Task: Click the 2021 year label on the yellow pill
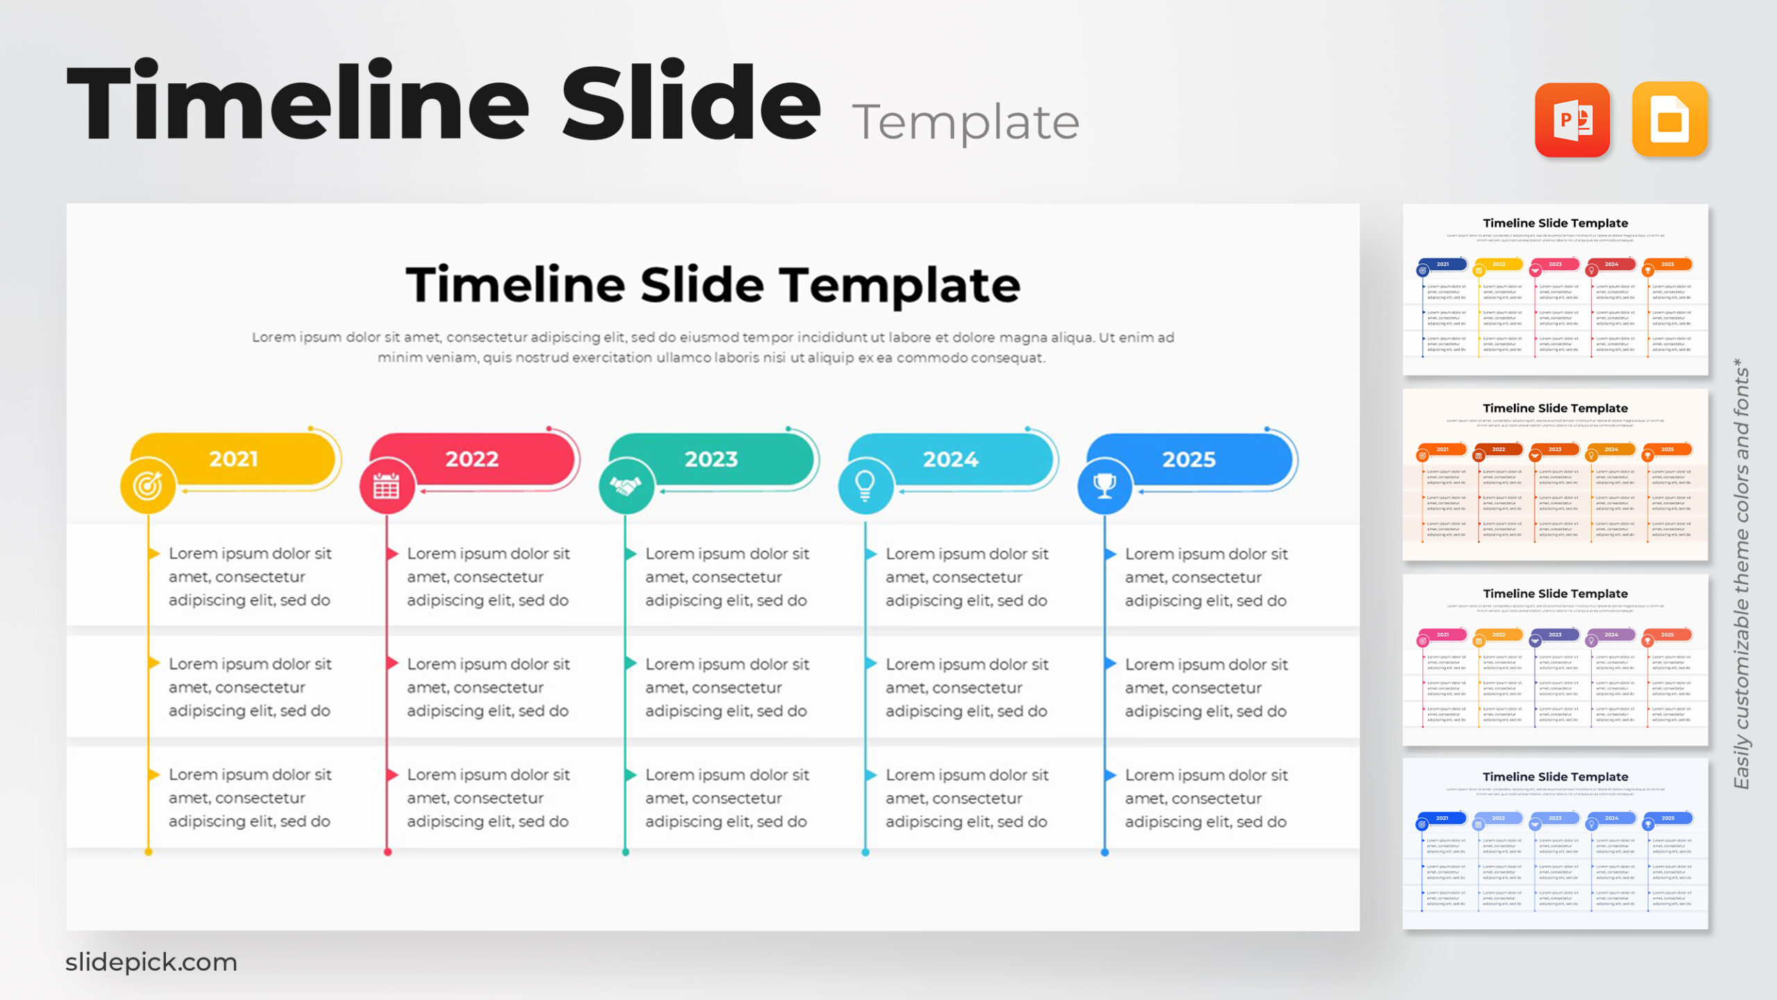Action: tap(233, 459)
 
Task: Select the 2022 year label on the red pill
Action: tap(472, 459)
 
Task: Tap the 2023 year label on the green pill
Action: tap(711, 459)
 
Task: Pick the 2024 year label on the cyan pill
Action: tap(950, 459)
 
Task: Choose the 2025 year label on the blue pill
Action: tap(1189, 459)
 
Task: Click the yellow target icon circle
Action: tap(148, 485)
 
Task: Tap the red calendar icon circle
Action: tap(387, 486)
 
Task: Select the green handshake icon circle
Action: tap(626, 486)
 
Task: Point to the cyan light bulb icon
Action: tap(865, 485)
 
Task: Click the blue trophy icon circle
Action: tap(1104, 485)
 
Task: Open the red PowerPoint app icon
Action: tap(1572, 120)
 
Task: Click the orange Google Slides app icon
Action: tap(1669, 120)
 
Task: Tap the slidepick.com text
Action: tap(151, 962)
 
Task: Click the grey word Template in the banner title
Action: tap(965, 122)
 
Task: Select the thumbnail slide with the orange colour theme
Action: tap(1555, 475)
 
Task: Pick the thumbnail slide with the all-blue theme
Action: tap(1555, 844)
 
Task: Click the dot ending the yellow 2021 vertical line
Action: tap(148, 852)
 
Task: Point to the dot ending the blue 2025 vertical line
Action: tap(1105, 852)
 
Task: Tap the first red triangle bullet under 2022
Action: tap(393, 553)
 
